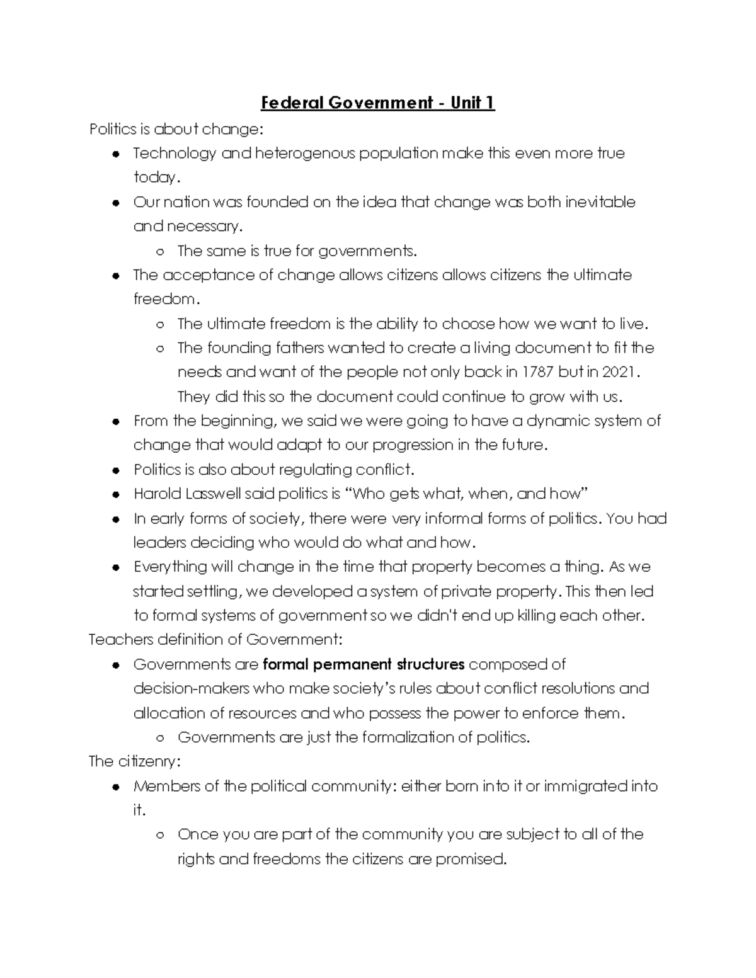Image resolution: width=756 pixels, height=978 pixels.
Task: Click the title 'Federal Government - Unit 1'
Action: (378, 103)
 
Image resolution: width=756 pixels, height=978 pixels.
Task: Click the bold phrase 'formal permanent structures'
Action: (364, 664)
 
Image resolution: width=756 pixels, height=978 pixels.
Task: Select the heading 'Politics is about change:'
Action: (175, 129)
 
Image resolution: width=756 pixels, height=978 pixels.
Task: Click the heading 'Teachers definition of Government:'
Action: (215, 640)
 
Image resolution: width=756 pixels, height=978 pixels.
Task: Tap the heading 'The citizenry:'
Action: (135, 761)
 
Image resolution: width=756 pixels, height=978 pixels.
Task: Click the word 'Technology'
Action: (175, 154)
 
